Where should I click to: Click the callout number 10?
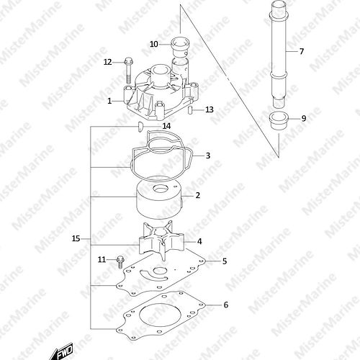point(154,44)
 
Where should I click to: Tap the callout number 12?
point(108,62)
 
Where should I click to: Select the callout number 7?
point(302,51)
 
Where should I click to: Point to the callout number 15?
point(76,238)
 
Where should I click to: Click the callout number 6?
point(226,305)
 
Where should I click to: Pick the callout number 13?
point(210,109)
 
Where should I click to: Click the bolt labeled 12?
point(128,70)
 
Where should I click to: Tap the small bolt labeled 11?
point(120,262)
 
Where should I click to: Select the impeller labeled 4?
point(161,240)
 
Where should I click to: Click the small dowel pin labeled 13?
point(189,110)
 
